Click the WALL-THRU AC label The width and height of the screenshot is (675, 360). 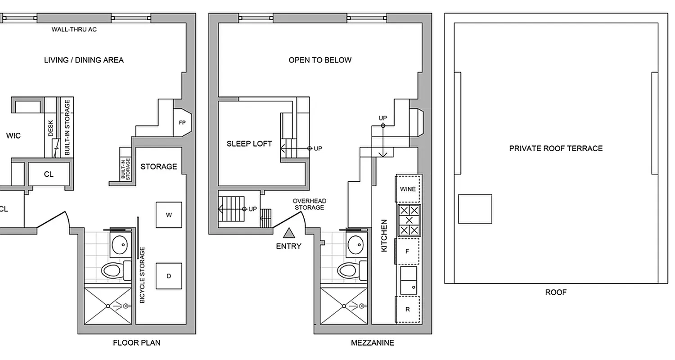(74, 30)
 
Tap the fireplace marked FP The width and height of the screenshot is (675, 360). (183, 122)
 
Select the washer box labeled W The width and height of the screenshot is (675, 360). (169, 215)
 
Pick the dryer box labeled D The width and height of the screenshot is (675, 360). (169, 276)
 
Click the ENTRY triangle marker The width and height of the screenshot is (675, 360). (288, 233)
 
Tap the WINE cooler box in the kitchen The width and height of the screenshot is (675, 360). (408, 189)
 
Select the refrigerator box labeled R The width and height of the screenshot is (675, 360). (408, 309)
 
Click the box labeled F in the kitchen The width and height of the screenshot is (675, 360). (408, 251)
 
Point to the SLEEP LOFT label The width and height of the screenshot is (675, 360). (249, 144)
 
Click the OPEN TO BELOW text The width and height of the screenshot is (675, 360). (320, 60)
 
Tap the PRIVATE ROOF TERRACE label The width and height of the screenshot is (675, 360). (556, 148)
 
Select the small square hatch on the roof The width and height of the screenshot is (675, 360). (475, 209)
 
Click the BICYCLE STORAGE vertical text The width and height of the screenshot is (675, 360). (143, 274)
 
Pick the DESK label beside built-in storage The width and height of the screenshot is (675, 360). (50, 128)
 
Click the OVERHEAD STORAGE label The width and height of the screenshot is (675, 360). (310, 204)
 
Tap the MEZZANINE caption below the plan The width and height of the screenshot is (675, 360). (372, 343)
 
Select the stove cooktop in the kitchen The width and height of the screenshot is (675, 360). (409, 220)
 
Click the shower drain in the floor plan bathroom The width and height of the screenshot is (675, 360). (108, 306)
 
